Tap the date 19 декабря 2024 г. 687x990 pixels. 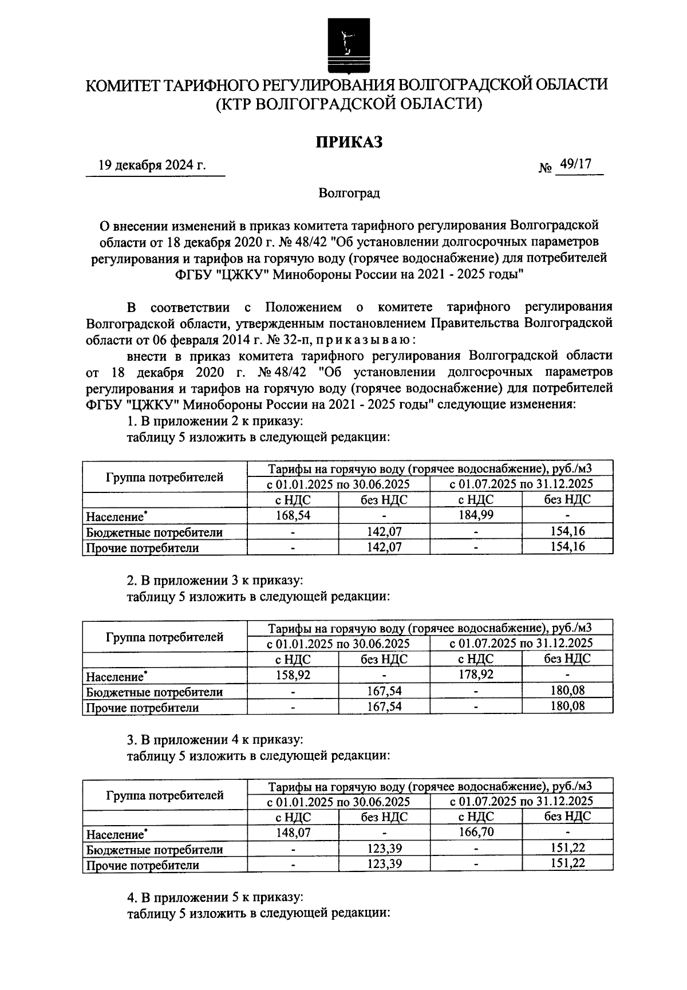pos(152,165)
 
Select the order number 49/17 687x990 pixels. pos(575,164)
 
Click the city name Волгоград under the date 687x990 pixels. pos(349,193)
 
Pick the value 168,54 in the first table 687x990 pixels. pos(293,515)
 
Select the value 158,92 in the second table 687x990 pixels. pos(293,675)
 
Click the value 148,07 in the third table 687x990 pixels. pos(293,832)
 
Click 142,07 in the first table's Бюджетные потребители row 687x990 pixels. pos(384,531)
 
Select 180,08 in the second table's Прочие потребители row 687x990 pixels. pos(567,706)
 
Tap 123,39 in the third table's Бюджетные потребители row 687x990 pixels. pos(384,848)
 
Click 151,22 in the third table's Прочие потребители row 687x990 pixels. pos(567,863)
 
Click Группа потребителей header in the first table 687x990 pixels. pos(165,476)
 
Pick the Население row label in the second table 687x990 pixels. pos(114,677)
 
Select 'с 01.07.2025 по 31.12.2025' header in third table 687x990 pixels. pos(521,800)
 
